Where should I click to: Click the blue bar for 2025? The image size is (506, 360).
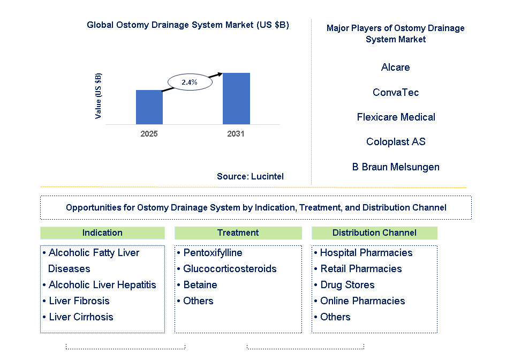coord(149,107)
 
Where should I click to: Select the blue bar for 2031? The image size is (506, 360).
coord(236,99)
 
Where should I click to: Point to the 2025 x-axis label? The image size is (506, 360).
coord(149,134)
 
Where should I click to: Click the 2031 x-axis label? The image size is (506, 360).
coord(236,134)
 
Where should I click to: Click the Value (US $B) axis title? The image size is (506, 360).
coord(98,96)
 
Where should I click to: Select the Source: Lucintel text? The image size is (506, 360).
coord(250,176)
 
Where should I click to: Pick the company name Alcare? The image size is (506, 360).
coord(395,67)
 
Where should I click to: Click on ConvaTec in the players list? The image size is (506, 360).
coord(395,93)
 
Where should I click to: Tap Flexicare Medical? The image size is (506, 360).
coord(396,117)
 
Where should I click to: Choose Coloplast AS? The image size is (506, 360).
coord(395,142)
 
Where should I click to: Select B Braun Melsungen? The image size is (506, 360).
coord(395,167)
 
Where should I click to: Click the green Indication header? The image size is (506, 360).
coord(102,232)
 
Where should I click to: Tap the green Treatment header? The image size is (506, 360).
coord(238,232)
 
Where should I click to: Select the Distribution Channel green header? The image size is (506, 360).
coord(374,232)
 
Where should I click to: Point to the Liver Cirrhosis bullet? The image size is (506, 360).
coord(81,317)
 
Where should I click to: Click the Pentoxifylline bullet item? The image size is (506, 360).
coord(213,252)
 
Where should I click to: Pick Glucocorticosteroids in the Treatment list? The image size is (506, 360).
coord(230,268)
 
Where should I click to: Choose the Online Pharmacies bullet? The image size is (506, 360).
coord(362,301)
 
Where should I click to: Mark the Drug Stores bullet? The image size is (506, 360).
coord(347,284)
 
